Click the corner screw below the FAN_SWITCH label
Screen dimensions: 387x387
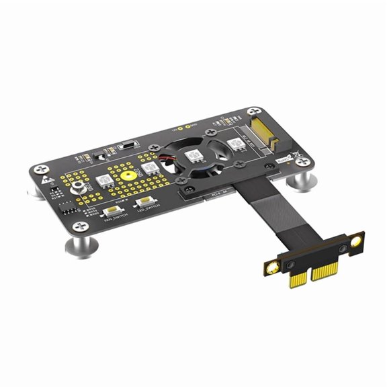click(83, 226)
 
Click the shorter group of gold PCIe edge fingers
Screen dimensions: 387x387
click(296, 282)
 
